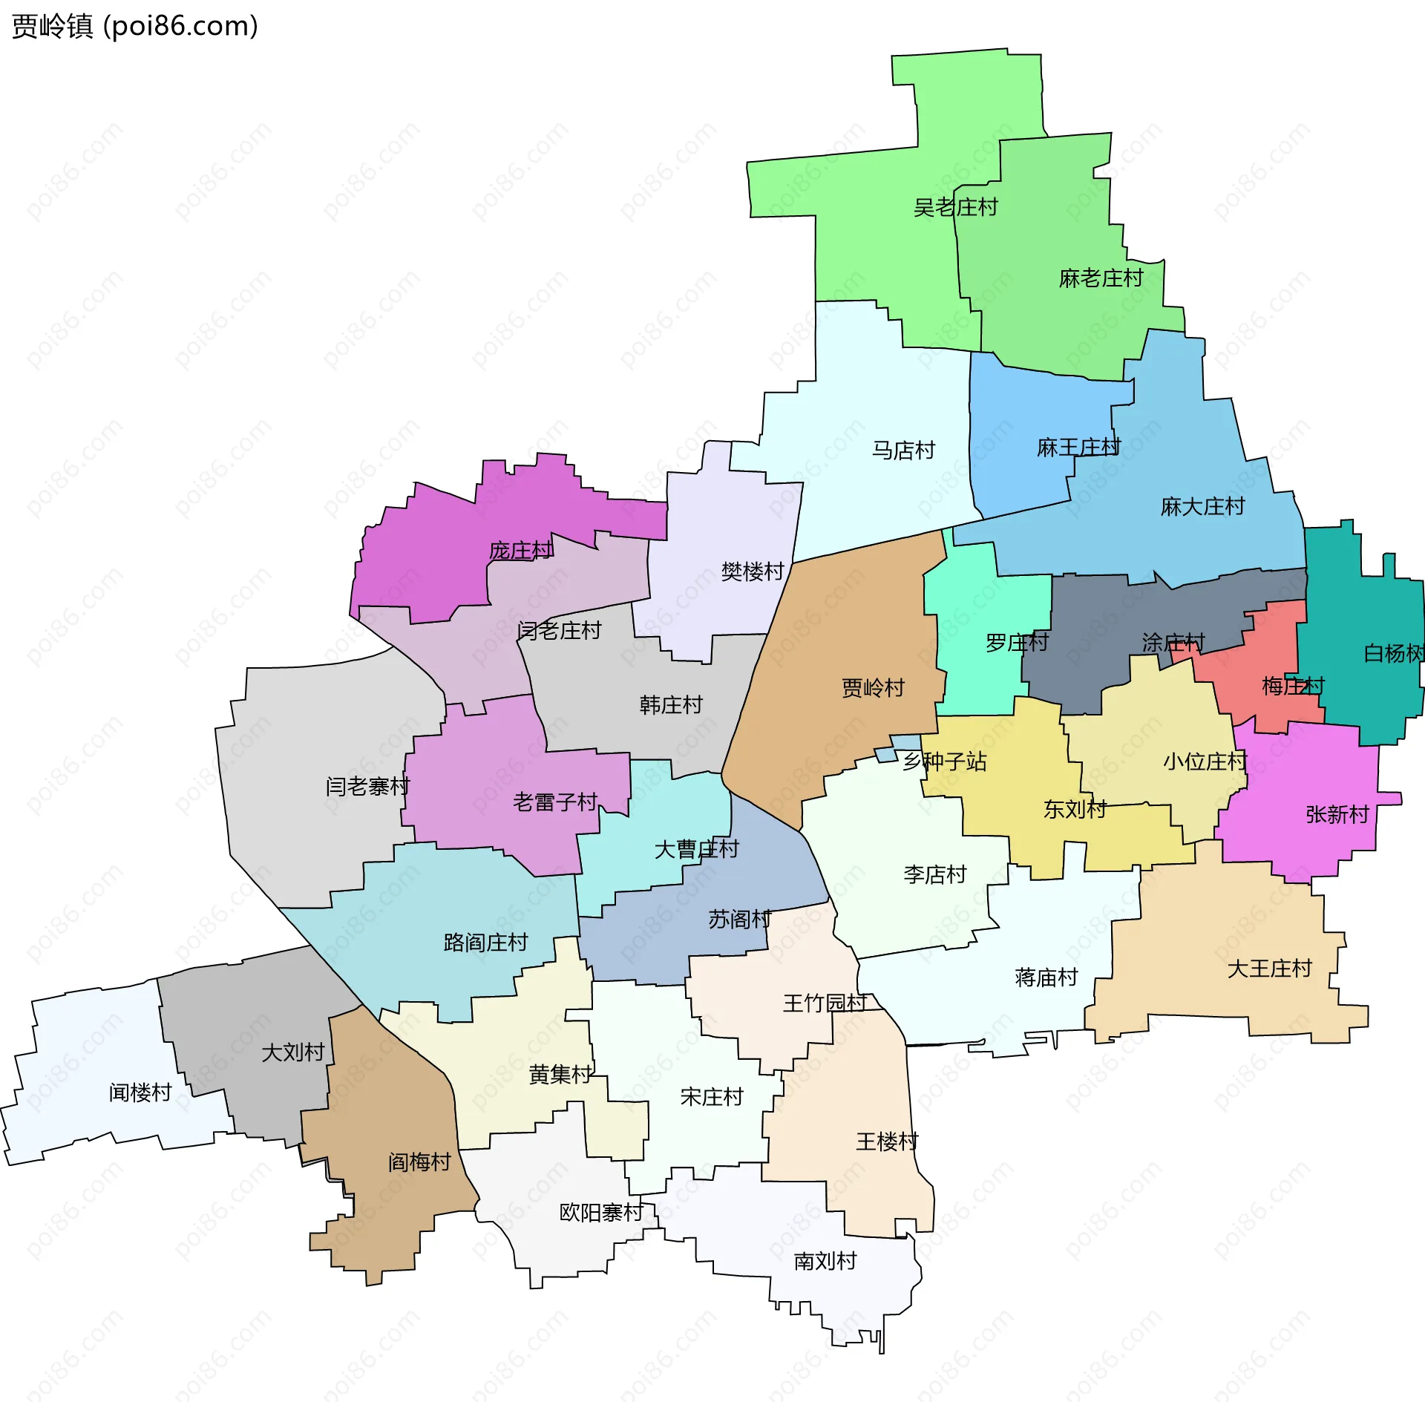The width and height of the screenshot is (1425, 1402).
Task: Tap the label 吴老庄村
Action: click(x=955, y=207)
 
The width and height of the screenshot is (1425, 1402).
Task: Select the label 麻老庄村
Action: click(x=1101, y=278)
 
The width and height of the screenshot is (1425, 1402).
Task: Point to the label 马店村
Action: click(x=903, y=451)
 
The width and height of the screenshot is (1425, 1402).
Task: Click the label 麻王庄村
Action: click(x=1078, y=448)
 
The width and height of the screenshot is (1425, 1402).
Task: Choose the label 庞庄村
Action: click(x=520, y=551)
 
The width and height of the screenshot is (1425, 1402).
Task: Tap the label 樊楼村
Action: click(x=753, y=571)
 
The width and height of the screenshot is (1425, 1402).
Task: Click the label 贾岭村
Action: click(x=873, y=688)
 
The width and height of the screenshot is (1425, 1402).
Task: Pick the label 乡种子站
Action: click(x=944, y=761)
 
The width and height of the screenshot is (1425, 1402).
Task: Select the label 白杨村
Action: click(x=1394, y=653)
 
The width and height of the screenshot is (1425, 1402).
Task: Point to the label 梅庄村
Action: click(x=1293, y=686)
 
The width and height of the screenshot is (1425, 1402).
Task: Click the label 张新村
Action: click(x=1337, y=815)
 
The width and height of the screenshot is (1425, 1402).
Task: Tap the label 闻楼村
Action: click(x=140, y=1093)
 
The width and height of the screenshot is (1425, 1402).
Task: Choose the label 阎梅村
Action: click(x=419, y=1162)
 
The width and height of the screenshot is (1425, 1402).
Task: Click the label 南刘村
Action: click(x=825, y=1261)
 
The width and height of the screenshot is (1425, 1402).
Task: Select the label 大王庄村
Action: click(x=1269, y=969)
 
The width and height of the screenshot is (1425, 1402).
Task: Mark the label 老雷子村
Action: click(x=555, y=802)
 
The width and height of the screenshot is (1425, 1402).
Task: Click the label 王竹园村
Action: click(x=825, y=1003)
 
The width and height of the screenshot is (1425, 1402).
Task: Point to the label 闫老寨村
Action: click(x=367, y=786)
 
